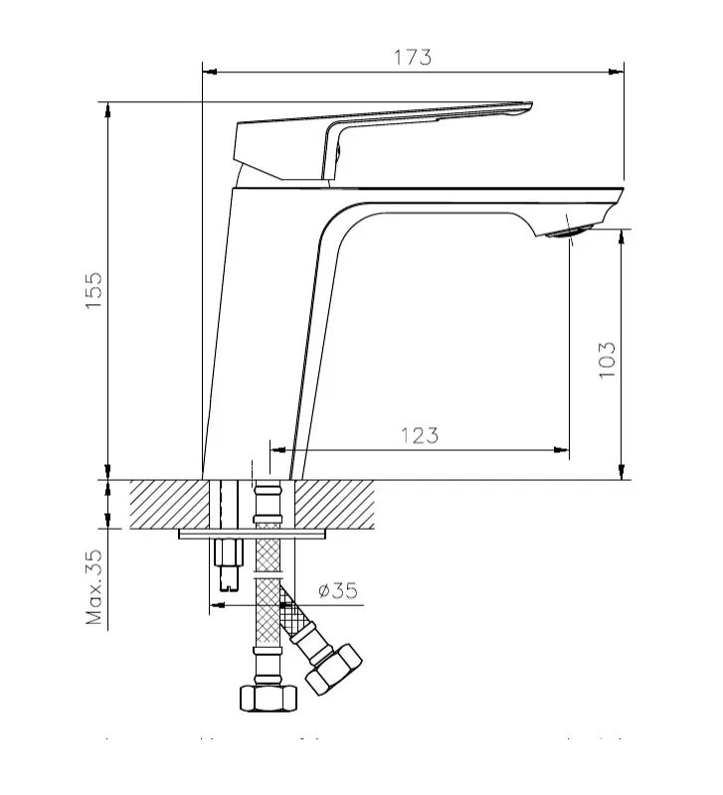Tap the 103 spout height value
pos(608,359)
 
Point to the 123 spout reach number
pos(420,434)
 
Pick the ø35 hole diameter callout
pos(337,590)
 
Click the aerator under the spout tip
pos(567,234)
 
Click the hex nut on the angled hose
pos(334,669)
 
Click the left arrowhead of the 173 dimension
pos(209,71)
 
